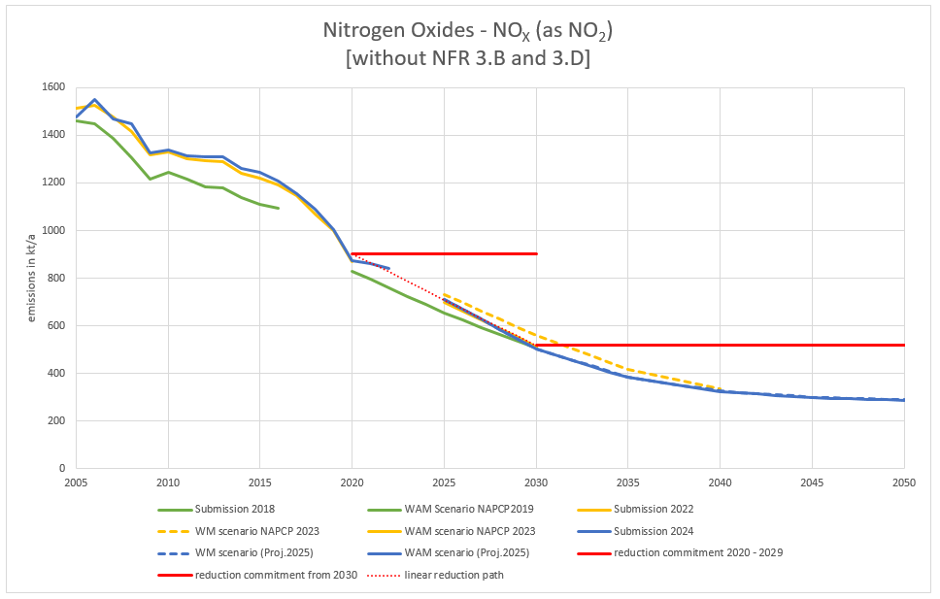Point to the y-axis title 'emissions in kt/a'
point(32,278)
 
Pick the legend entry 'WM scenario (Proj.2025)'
point(248,553)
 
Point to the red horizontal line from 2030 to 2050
point(720,345)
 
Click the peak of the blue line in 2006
point(94,99)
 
